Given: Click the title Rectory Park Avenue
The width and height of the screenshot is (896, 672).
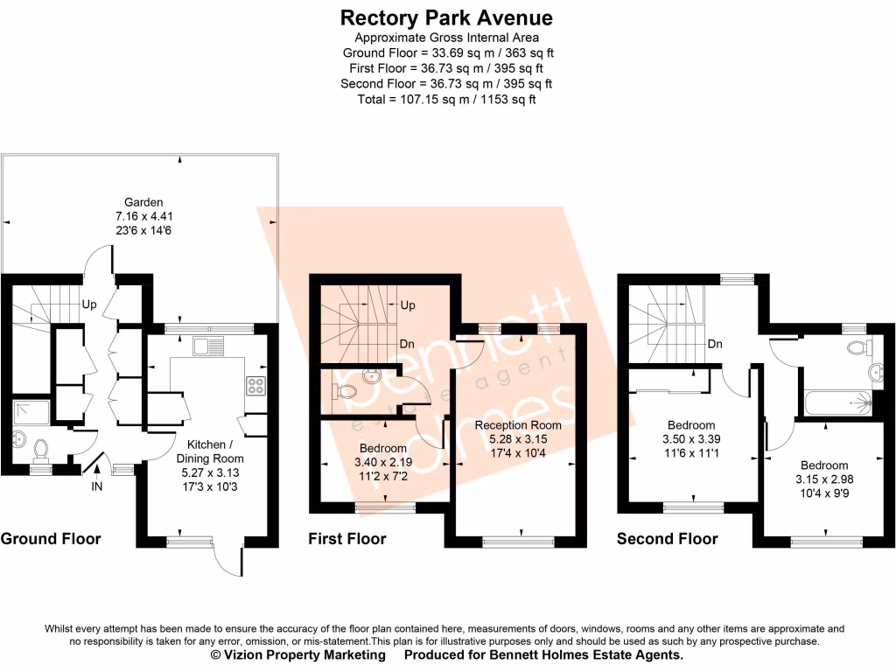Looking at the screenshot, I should [446, 17].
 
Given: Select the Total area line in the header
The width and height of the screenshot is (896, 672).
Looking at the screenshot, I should [446, 99].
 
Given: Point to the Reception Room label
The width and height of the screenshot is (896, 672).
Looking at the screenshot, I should [518, 425].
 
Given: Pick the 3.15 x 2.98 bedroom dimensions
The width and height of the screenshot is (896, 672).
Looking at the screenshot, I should [823, 479].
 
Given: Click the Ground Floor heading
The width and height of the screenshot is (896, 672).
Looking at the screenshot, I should [51, 539].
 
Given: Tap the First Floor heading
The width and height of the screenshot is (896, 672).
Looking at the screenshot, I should [346, 539].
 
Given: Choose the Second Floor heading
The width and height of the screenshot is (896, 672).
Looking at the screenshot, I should [667, 539].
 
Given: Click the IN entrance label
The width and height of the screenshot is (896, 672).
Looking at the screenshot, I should [96, 486].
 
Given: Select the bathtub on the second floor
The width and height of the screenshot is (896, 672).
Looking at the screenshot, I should [836, 402].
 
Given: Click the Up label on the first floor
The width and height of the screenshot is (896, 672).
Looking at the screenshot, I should [407, 305].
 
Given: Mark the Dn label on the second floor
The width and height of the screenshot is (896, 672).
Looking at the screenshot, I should [715, 344].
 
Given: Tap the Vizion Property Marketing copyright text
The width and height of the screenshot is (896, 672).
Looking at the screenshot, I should [297, 654].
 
